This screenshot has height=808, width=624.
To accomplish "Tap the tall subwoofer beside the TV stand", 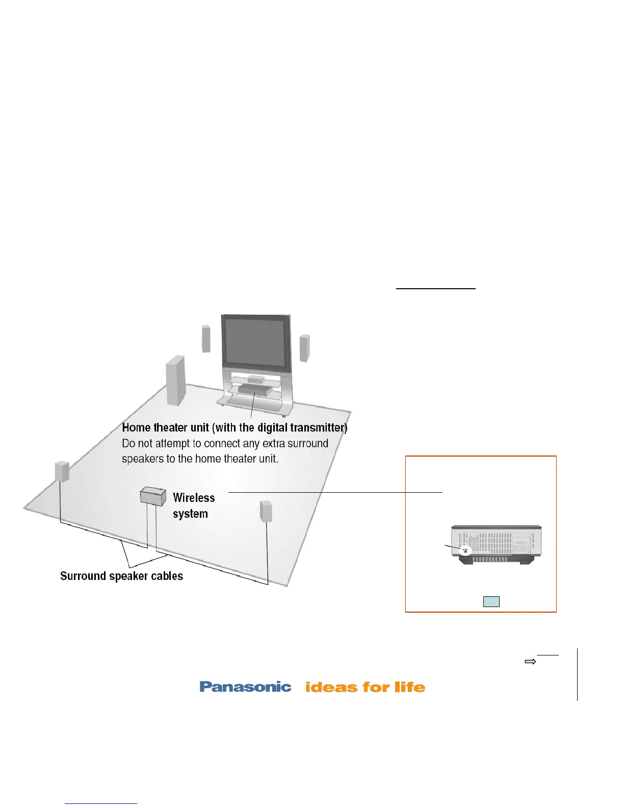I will [x=175, y=380].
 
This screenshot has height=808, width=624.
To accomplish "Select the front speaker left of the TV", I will [x=206, y=339].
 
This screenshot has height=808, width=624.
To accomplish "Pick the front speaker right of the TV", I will [x=304, y=348].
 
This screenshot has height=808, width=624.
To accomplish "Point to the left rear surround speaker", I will [x=62, y=471].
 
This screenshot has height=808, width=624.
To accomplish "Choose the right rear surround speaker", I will [x=266, y=511].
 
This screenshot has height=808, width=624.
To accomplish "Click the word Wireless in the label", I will [x=194, y=498].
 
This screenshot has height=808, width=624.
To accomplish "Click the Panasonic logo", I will [x=245, y=687].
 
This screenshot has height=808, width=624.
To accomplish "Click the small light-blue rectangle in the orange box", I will [x=491, y=601].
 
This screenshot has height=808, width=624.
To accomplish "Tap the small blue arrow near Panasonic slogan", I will [x=530, y=662].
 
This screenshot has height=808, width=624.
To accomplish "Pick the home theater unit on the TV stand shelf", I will [x=253, y=390].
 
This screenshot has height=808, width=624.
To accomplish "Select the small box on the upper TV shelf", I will [x=255, y=379].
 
